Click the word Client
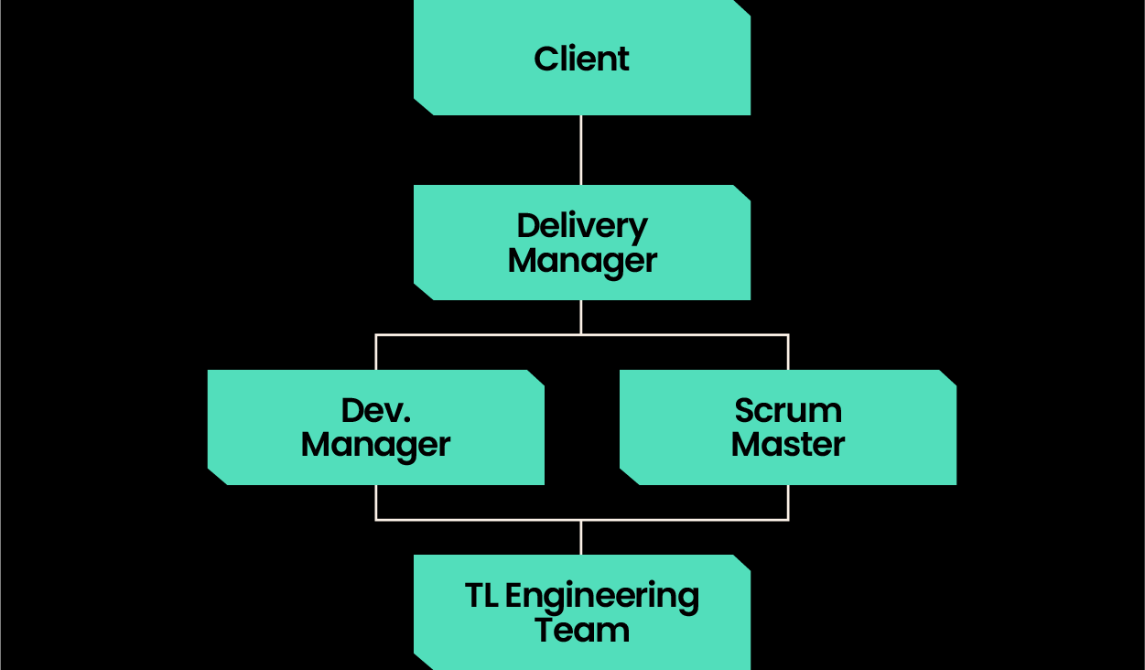click(581, 59)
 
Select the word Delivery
click(581, 225)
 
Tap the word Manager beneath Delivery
click(581, 260)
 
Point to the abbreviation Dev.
click(375, 410)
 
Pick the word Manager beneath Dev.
click(375, 445)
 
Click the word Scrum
click(787, 410)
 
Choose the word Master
click(787, 445)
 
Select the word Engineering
click(601, 597)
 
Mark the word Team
click(581, 631)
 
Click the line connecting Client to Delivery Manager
click(581, 150)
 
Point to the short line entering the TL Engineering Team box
click(581, 538)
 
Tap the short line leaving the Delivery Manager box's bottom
click(581, 317)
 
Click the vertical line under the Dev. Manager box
click(376, 502)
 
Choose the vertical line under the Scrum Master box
click(788, 502)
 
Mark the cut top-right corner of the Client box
click(742, 7)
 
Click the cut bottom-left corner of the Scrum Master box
click(629, 477)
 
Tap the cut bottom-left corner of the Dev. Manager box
click(217, 477)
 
